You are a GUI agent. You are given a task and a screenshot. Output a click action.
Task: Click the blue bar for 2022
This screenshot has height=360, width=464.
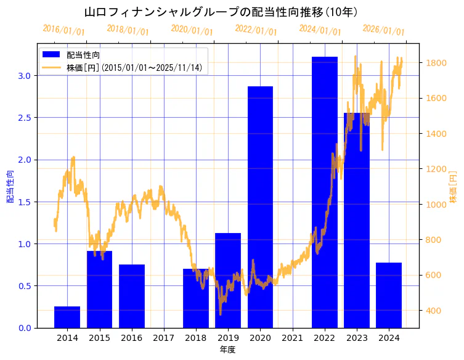(x=324, y=192)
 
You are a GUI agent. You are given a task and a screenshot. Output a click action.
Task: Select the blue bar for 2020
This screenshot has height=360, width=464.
(x=260, y=207)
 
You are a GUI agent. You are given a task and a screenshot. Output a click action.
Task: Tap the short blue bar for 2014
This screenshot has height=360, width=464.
(x=67, y=317)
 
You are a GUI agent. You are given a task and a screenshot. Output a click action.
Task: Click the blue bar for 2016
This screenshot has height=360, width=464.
(x=132, y=296)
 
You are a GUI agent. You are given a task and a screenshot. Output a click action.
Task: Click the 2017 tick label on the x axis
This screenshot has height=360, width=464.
(x=164, y=338)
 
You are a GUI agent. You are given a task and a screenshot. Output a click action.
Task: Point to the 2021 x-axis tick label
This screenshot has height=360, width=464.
(x=292, y=338)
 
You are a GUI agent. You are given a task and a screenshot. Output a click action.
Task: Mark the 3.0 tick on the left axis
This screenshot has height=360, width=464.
(x=24, y=75)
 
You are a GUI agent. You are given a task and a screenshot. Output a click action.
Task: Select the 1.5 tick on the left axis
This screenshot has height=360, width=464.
(x=24, y=202)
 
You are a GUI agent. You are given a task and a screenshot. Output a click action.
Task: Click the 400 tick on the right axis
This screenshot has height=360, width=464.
(x=434, y=311)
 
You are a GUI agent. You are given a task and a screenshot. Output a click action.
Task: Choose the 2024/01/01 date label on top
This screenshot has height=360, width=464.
(x=320, y=30)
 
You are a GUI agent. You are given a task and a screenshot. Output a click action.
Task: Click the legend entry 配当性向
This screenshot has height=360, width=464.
(x=84, y=55)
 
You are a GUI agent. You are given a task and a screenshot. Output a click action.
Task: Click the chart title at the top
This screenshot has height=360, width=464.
(x=221, y=12)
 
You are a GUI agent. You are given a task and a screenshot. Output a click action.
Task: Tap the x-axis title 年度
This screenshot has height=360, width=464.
(x=227, y=350)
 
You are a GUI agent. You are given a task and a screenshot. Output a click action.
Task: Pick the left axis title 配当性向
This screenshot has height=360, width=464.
(x=10, y=186)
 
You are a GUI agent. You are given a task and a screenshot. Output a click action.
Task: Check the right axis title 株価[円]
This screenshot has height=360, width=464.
(x=454, y=187)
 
